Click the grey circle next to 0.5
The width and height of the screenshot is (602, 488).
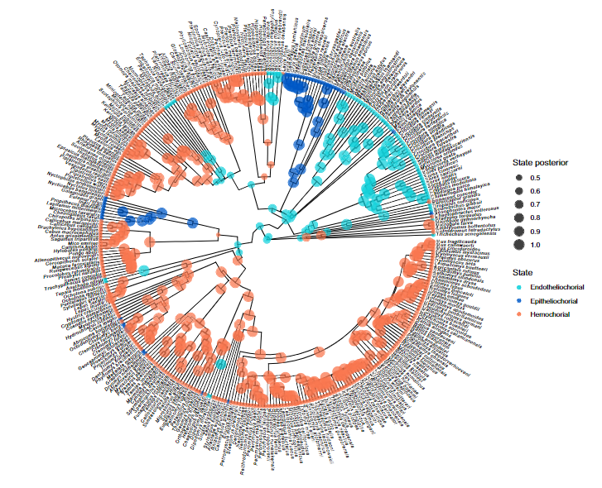click(x=518, y=178)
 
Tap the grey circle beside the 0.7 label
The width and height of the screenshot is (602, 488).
click(x=518, y=204)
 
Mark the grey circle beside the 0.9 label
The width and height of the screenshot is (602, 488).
click(x=518, y=231)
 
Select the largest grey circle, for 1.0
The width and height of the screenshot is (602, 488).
click(x=518, y=244)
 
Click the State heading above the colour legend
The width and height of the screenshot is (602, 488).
click(x=522, y=271)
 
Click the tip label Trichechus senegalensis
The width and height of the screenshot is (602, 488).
click(x=469, y=234)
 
